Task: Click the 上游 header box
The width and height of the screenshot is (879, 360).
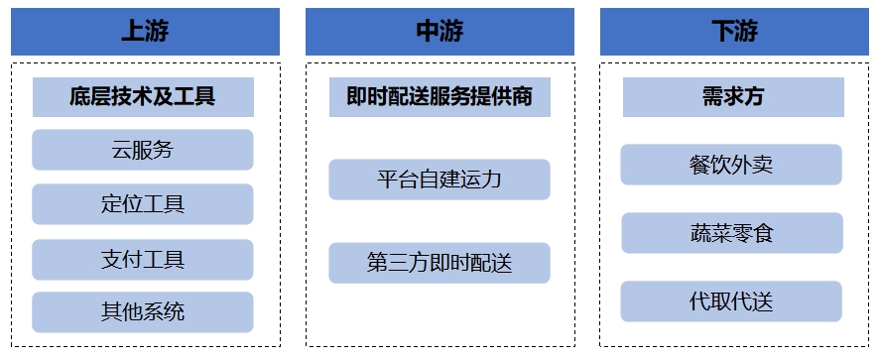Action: tap(145, 32)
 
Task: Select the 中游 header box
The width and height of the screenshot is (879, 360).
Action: tap(439, 32)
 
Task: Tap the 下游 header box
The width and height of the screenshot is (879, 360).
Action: tap(734, 32)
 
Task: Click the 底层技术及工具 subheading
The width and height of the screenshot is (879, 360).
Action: tap(143, 97)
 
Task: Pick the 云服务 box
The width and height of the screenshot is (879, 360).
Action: tap(143, 150)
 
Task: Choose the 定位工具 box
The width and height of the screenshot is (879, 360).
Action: tap(143, 204)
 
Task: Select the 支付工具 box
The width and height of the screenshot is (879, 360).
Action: tap(143, 259)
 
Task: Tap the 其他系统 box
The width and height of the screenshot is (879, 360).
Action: tap(143, 312)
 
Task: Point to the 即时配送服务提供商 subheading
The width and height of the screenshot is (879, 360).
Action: tap(439, 97)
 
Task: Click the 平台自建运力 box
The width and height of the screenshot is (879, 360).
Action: tap(439, 180)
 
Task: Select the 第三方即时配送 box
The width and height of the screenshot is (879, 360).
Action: tap(439, 263)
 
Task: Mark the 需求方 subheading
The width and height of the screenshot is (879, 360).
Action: tap(733, 97)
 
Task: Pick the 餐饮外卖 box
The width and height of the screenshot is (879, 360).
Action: tap(731, 165)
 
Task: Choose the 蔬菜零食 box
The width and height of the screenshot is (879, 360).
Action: tap(732, 233)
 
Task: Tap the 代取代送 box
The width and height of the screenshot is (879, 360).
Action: tap(731, 301)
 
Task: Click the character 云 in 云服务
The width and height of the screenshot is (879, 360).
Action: tap(122, 150)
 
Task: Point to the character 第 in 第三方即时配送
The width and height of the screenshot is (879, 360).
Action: tap(377, 263)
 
